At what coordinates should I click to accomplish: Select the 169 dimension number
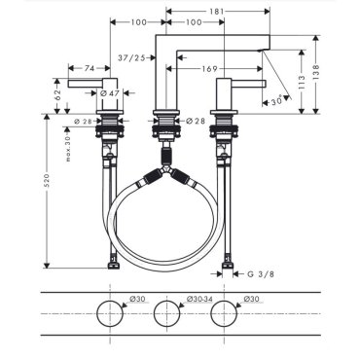click(x=209, y=69)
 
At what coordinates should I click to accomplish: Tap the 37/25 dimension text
click(x=131, y=57)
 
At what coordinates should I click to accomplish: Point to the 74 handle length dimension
click(x=90, y=68)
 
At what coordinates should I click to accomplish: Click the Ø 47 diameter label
click(x=110, y=93)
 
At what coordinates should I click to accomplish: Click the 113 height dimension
click(x=302, y=83)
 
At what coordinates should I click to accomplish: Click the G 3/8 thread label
click(x=261, y=274)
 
